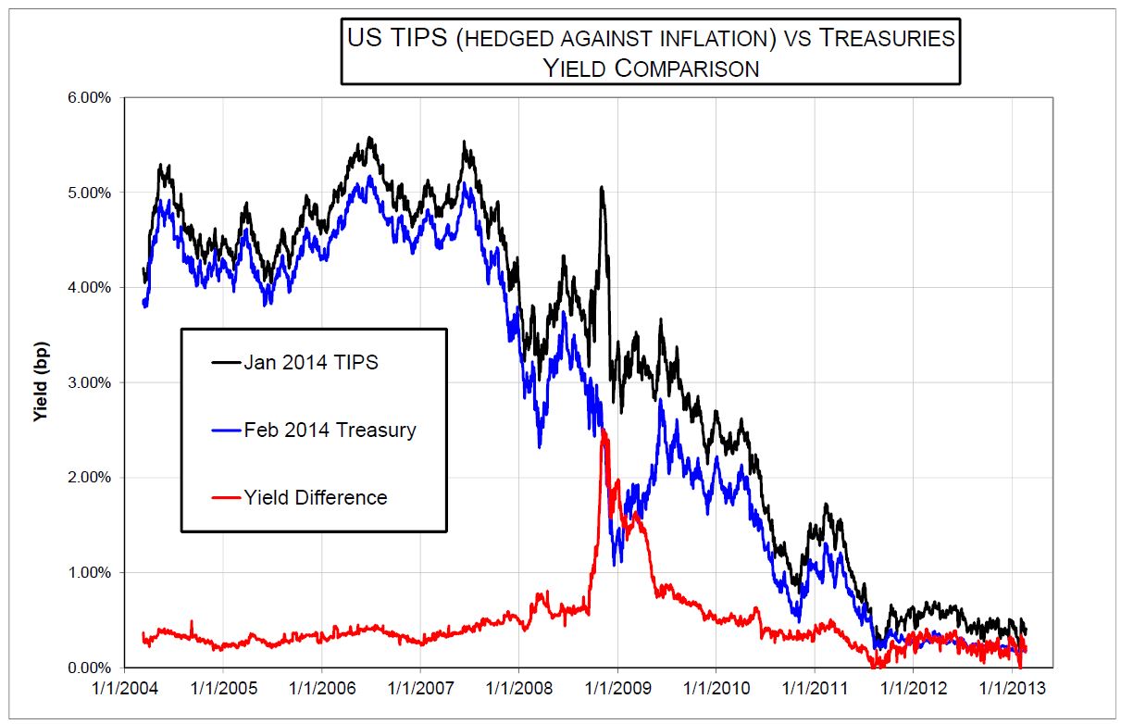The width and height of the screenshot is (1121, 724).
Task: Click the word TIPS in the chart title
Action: pos(418,38)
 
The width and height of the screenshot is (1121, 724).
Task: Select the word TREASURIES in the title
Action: pos(888,38)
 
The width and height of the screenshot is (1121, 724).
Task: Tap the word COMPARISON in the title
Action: pos(687,69)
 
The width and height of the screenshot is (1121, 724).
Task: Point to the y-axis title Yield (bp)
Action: pos(41,381)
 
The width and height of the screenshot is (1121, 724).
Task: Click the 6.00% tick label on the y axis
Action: pos(89,97)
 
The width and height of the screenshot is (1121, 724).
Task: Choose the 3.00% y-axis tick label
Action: pos(89,382)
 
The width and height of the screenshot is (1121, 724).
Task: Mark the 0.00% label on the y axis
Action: pos(89,668)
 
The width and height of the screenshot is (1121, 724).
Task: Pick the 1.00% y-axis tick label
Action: pos(89,572)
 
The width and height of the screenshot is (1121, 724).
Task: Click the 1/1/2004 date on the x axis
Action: pos(125,689)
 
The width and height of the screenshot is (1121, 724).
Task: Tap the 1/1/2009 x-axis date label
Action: pos(618,689)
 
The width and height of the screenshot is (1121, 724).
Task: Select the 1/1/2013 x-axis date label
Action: pos(1013,689)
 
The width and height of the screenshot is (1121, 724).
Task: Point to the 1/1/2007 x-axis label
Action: pos(420,689)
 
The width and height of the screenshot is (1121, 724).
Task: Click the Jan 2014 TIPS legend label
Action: pos(311,363)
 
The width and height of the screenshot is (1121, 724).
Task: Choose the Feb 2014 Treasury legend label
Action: pos(330,431)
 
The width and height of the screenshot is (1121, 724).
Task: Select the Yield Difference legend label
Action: pos(316,498)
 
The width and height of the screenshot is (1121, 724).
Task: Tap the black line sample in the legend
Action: pos(226,362)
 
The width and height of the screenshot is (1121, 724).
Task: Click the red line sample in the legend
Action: pos(226,497)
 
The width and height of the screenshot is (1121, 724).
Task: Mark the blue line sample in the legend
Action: pos(226,431)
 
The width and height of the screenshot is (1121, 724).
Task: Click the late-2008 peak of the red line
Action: pos(604,430)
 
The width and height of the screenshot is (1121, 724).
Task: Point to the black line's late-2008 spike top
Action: pos(602,187)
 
